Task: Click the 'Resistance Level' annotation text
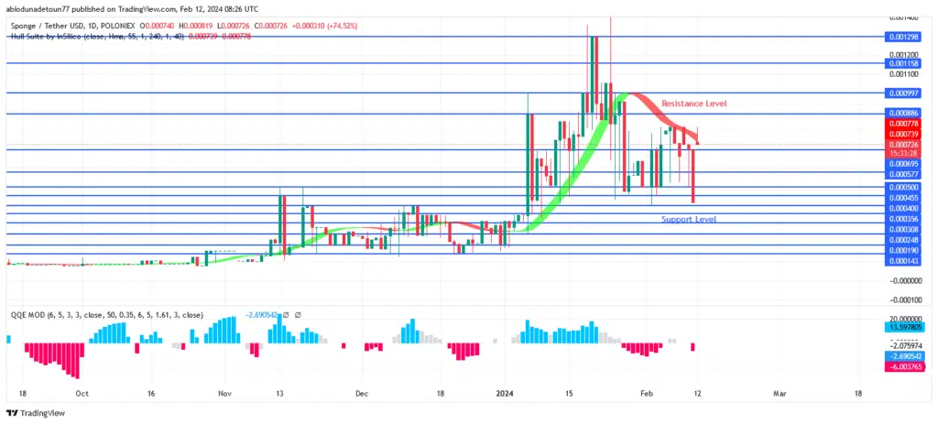(693, 103)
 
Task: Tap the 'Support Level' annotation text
(688, 220)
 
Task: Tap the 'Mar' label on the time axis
(780, 393)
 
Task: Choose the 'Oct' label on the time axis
(82, 393)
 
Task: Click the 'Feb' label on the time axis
(647, 393)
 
